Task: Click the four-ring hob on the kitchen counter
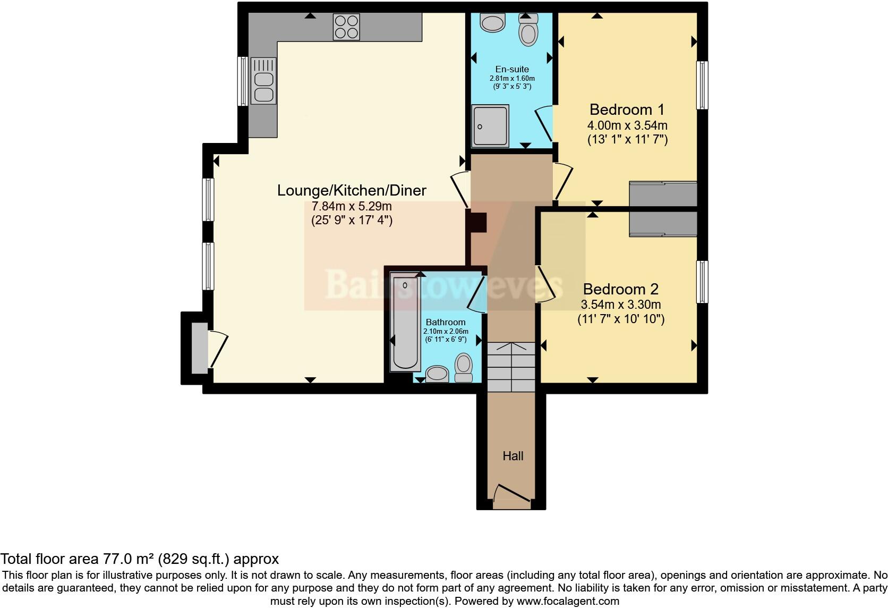(346, 27)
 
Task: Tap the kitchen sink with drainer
(263, 81)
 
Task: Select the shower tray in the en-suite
(490, 126)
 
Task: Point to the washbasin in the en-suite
(493, 23)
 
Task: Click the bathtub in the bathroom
(405, 322)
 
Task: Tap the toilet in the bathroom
(464, 367)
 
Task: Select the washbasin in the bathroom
(438, 373)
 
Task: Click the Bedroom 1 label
(627, 109)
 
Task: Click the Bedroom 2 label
(620, 289)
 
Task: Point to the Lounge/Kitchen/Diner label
(352, 190)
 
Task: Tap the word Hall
(513, 456)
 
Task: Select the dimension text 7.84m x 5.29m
(352, 206)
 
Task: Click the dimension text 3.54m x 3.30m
(620, 305)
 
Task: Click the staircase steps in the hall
(511, 367)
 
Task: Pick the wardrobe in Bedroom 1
(663, 193)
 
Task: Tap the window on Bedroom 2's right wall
(702, 282)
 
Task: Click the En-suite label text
(512, 69)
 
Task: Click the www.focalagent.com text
(568, 601)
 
